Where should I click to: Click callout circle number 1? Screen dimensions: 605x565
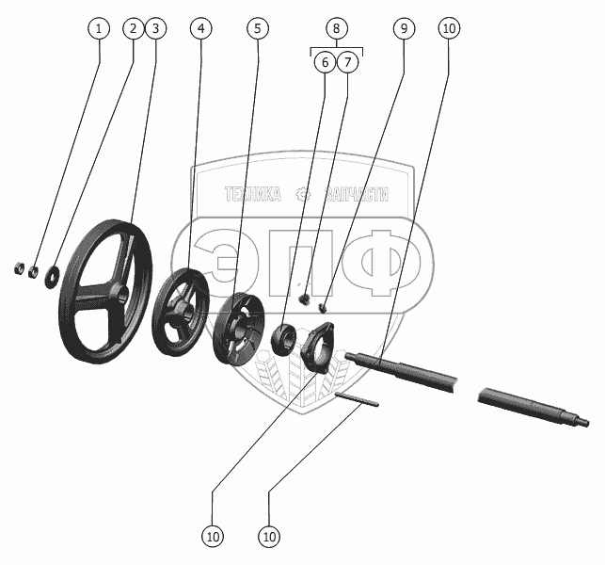tap(99, 28)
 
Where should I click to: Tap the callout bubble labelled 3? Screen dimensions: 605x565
tap(156, 28)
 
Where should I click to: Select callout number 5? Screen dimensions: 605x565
tap(258, 28)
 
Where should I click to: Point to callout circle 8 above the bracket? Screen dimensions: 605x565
tap(337, 28)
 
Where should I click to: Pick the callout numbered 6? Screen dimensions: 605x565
tap(325, 62)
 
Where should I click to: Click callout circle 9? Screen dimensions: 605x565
tap(404, 28)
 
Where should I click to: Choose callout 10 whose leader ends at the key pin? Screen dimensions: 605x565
tap(269, 537)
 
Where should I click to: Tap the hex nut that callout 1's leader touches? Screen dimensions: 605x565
tap(33, 272)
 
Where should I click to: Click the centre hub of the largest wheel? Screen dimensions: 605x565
tap(119, 293)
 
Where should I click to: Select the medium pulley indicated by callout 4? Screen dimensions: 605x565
tap(181, 312)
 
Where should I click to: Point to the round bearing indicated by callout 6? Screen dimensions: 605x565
tap(283, 339)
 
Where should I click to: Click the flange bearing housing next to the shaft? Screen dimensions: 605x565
tap(317, 347)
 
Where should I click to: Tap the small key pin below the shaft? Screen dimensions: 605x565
tap(357, 399)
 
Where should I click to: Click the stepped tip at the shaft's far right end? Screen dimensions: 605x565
tap(581, 421)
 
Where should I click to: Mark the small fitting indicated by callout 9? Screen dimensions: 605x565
tap(323, 308)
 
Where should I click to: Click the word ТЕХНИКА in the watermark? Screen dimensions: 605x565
tap(253, 194)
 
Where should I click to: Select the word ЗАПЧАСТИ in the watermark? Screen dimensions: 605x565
tap(357, 194)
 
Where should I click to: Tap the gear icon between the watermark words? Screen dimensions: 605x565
tap(304, 194)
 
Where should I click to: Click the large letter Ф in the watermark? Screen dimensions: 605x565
tap(390, 263)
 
